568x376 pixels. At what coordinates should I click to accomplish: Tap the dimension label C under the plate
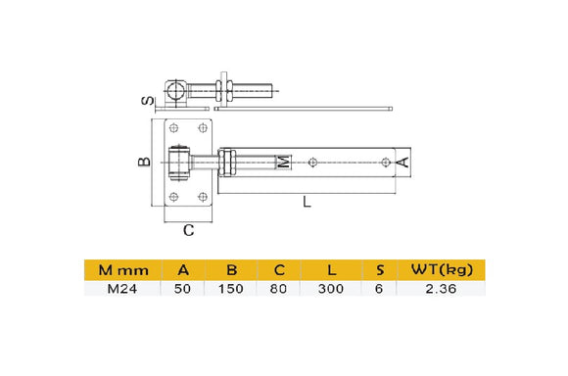click(x=188, y=230)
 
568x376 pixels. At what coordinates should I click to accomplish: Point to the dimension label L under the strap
click(x=308, y=203)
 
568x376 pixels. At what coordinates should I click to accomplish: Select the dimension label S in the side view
click(x=143, y=99)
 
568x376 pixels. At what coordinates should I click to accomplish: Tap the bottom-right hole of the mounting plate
click(x=203, y=197)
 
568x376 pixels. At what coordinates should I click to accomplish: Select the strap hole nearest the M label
click(x=311, y=163)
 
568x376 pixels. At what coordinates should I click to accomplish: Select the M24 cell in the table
click(x=122, y=289)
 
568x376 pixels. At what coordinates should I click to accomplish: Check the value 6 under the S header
click(x=378, y=289)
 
